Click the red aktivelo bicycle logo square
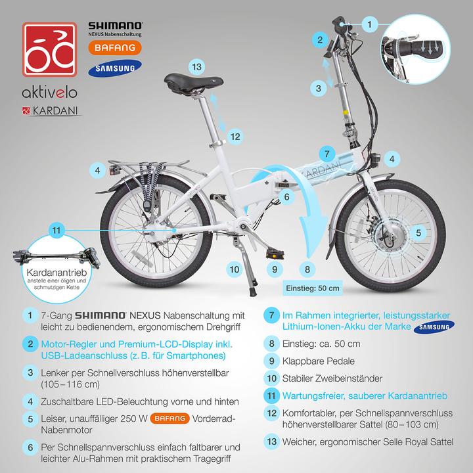tap(49, 49)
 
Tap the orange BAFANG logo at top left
tap(115, 48)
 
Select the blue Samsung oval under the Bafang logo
tap(115, 68)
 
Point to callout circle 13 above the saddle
tap(196, 66)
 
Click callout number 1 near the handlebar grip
tap(370, 24)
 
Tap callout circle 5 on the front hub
tap(418, 233)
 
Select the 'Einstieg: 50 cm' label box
tap(313, 288)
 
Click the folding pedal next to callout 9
tap(275, 254)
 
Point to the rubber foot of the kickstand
tap(252, 292)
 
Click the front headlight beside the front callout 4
tap(376, 160)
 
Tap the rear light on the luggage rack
tap(114, 170)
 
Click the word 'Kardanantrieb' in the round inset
tap(56, 273)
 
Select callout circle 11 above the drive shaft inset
tap(56, 231)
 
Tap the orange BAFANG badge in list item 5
tap(170, 418)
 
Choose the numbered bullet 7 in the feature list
tap(271, 315)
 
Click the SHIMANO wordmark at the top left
tap(115, 26)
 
